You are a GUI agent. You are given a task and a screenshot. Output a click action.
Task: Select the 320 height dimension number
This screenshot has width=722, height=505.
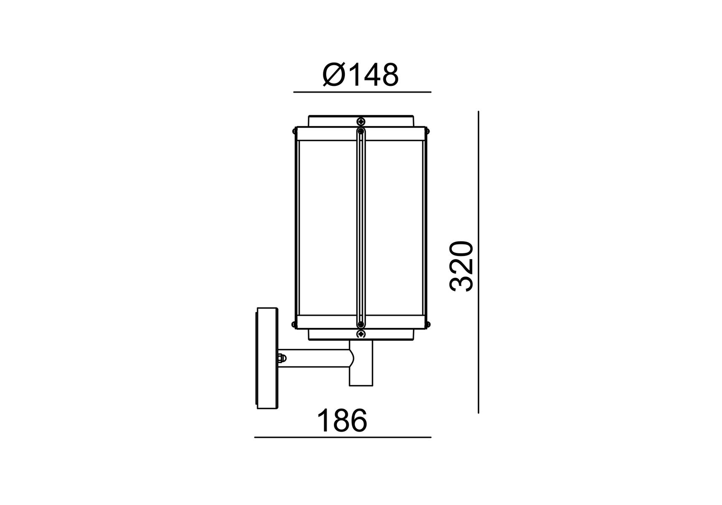[462, 266]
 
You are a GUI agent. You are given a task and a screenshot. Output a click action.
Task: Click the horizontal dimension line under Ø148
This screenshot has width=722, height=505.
[362, 92]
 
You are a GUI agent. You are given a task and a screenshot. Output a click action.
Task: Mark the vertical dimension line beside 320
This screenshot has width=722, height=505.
[478, 262]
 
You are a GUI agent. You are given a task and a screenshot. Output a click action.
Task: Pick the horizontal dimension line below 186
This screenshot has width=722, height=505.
[343, 437]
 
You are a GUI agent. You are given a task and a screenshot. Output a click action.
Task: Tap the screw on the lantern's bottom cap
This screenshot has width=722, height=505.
[361, 334]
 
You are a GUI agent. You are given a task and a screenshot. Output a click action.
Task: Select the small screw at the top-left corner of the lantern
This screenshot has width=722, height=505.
[293, 131]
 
